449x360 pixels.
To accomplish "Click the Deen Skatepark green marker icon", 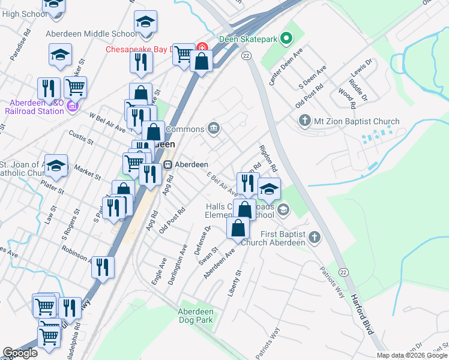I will (286, 40).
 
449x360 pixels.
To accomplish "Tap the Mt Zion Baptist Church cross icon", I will (304, 121).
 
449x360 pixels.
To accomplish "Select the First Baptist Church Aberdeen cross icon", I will (313, 239).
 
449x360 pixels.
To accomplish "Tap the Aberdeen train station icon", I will (169, 164).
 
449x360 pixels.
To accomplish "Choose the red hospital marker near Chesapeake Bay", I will (202, 47).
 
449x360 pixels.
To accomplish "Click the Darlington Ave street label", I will (175, 263).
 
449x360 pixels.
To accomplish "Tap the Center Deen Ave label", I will (285, 70).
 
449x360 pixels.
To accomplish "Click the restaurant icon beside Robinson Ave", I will (103, 267).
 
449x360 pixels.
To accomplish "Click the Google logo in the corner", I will (20, 353).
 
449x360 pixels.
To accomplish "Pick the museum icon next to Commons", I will (213, 128).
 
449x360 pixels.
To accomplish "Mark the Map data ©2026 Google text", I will (412, 355).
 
